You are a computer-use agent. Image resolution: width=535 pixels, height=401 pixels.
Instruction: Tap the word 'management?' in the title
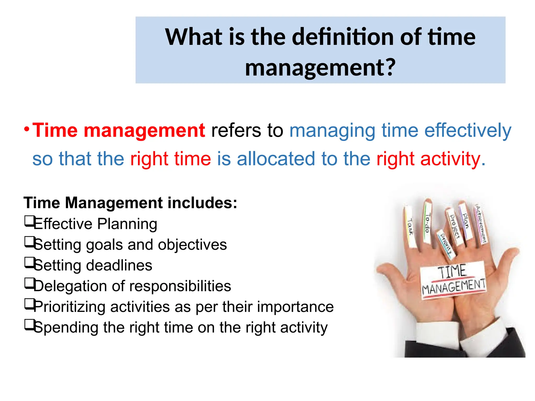321,68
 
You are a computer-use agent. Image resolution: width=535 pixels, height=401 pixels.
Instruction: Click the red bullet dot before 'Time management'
26,129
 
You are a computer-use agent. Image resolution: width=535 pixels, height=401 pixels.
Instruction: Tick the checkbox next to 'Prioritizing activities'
29,304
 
